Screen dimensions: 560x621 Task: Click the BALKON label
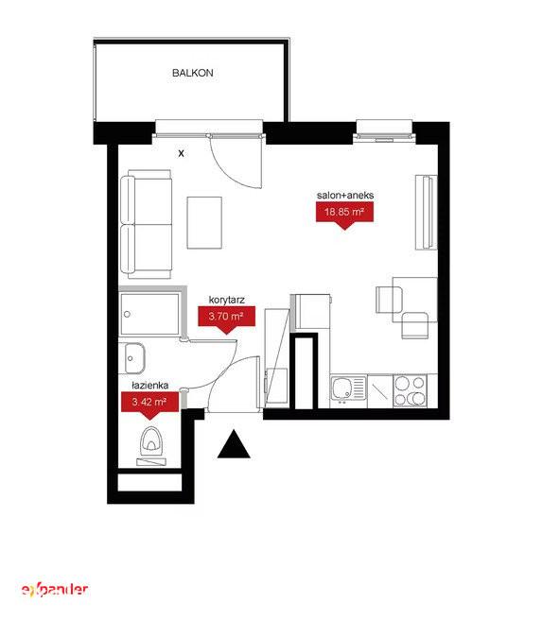(x=193, y=73)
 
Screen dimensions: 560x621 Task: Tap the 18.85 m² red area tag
(x=344, y=215)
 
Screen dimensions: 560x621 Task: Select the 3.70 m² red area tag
(x=226, y=319)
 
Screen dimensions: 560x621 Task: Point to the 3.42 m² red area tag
(x=149, y=405)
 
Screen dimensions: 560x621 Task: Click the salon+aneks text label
(x=345, y=196)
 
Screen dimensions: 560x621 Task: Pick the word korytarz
(x=227, y=300)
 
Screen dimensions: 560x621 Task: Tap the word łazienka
(x=150, y=385)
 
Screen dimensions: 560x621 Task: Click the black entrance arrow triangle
(x=234, y=444)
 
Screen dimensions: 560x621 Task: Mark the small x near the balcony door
(x=181, y=153)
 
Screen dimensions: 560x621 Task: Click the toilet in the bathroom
(x=151, y=445)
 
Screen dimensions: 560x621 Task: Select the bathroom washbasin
(x=134, y=358)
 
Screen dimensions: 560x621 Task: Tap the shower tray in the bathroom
(x=149, y=314)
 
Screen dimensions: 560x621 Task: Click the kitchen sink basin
(x=341, y=388)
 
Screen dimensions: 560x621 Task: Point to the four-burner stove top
(x=410, y=391)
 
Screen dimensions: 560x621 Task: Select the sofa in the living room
(x=147, y=224)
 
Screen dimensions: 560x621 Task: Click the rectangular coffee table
(x=204, y=223)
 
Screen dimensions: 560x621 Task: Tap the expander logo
(x=54, y=590)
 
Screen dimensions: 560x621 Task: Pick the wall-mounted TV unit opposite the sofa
(x=426, y=212)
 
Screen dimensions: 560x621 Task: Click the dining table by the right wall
(x=415, y=300)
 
